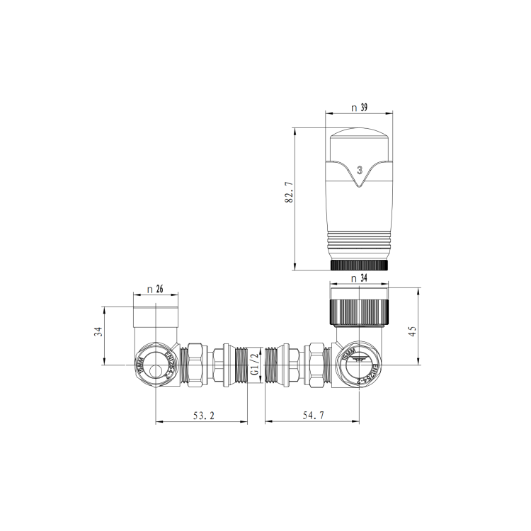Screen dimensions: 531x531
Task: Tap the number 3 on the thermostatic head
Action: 360,170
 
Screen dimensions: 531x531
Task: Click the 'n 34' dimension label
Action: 360,278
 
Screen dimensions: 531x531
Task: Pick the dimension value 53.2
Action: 202,416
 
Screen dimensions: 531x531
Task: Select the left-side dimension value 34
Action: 99,331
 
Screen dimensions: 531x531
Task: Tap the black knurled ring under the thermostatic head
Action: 360,265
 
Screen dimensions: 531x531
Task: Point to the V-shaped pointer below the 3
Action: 360,182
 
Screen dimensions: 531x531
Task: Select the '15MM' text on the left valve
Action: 140,367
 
